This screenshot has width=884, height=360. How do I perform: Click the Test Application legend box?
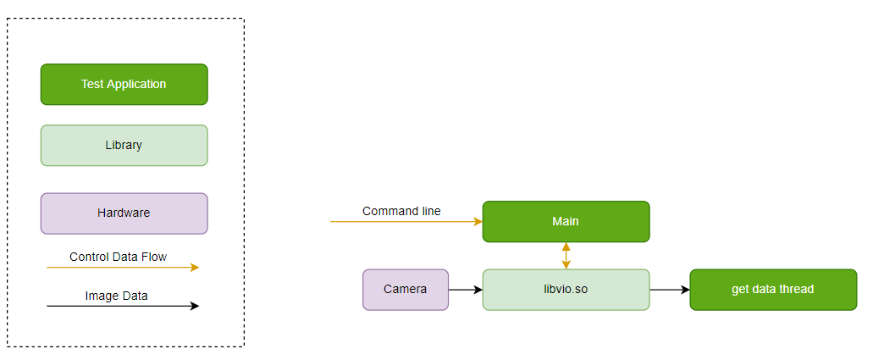[x=124, y=85]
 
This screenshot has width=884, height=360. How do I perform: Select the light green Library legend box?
[x=124, y=146]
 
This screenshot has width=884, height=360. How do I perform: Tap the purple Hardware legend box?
[x=124, y=213]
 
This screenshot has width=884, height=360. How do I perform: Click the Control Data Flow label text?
[x=118, y=257]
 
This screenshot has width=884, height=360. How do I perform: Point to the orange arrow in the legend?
[x=122, y=268]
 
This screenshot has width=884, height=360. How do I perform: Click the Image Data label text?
[x=116, y=296]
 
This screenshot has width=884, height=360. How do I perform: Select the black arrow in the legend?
[x=122, y=307]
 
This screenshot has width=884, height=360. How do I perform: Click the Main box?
[x=566, y=222]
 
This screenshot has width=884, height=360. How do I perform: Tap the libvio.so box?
[x=566, y=290]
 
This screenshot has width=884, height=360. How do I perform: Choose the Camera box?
[x=405, y=290]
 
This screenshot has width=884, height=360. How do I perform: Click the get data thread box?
[x=773, y=290]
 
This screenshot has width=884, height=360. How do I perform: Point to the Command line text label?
[x=401, y=211]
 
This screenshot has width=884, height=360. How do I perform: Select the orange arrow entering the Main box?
[x=406, y=222]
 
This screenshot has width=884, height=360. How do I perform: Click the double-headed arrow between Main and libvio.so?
[x=566, y=256]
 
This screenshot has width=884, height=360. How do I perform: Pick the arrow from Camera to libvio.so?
[x=465, y=290]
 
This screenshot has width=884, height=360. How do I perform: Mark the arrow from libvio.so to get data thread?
[x=669, y=290]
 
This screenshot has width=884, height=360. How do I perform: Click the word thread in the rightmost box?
[x=797, y=290]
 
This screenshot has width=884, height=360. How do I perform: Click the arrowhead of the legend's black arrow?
[x=195, y=307]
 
